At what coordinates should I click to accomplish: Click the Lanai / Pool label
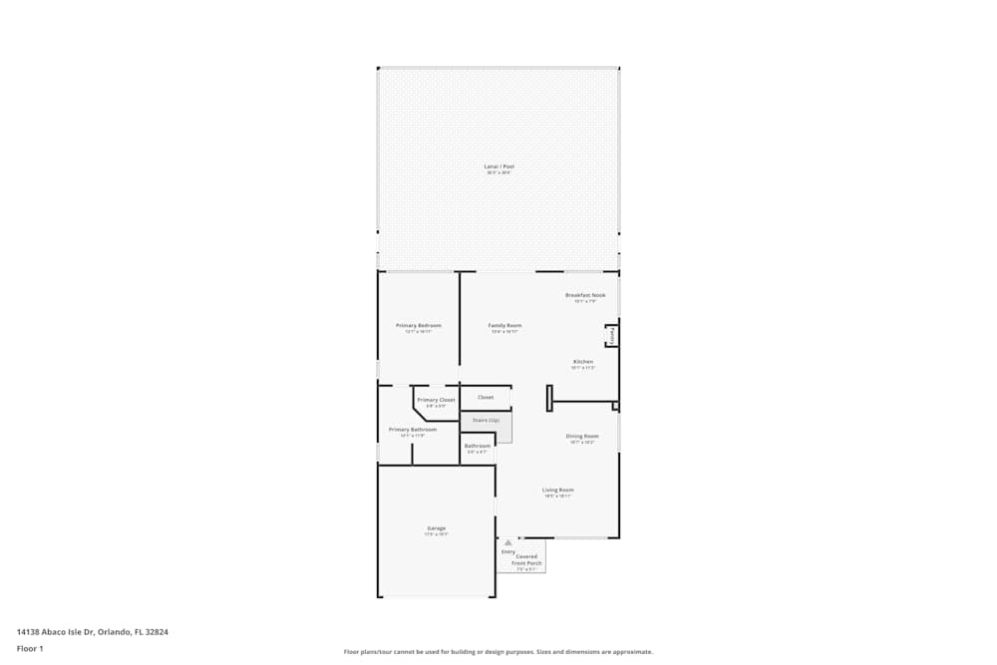tap(498, 166)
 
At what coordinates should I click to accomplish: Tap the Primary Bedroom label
tap(418, 326)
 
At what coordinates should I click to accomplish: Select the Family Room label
tap(504, 326)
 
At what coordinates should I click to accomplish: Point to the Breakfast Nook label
tap(585, 295)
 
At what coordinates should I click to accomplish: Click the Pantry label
tap(611, 336)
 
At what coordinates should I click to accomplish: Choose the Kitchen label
tap(583, 362)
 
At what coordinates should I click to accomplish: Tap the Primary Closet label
tap(436, 400)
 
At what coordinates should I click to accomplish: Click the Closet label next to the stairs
tap(486, 397)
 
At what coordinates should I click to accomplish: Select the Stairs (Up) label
tap(487, 421)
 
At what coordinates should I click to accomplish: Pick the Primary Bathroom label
tap(413, 430)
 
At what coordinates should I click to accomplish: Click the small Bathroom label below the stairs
tap(478, 446)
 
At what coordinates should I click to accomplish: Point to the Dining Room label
tap(582, 436)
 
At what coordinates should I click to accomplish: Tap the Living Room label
tap(558, 490)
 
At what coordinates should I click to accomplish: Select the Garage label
tap(436, 528)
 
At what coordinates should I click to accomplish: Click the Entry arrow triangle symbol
tap(507, 543)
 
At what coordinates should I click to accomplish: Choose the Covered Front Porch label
tap(526, 560)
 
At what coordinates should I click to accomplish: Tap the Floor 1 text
tap(30, 648)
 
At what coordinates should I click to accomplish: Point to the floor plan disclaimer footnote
tap(498, 652)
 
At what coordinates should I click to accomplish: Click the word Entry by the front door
tap(508, 551)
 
